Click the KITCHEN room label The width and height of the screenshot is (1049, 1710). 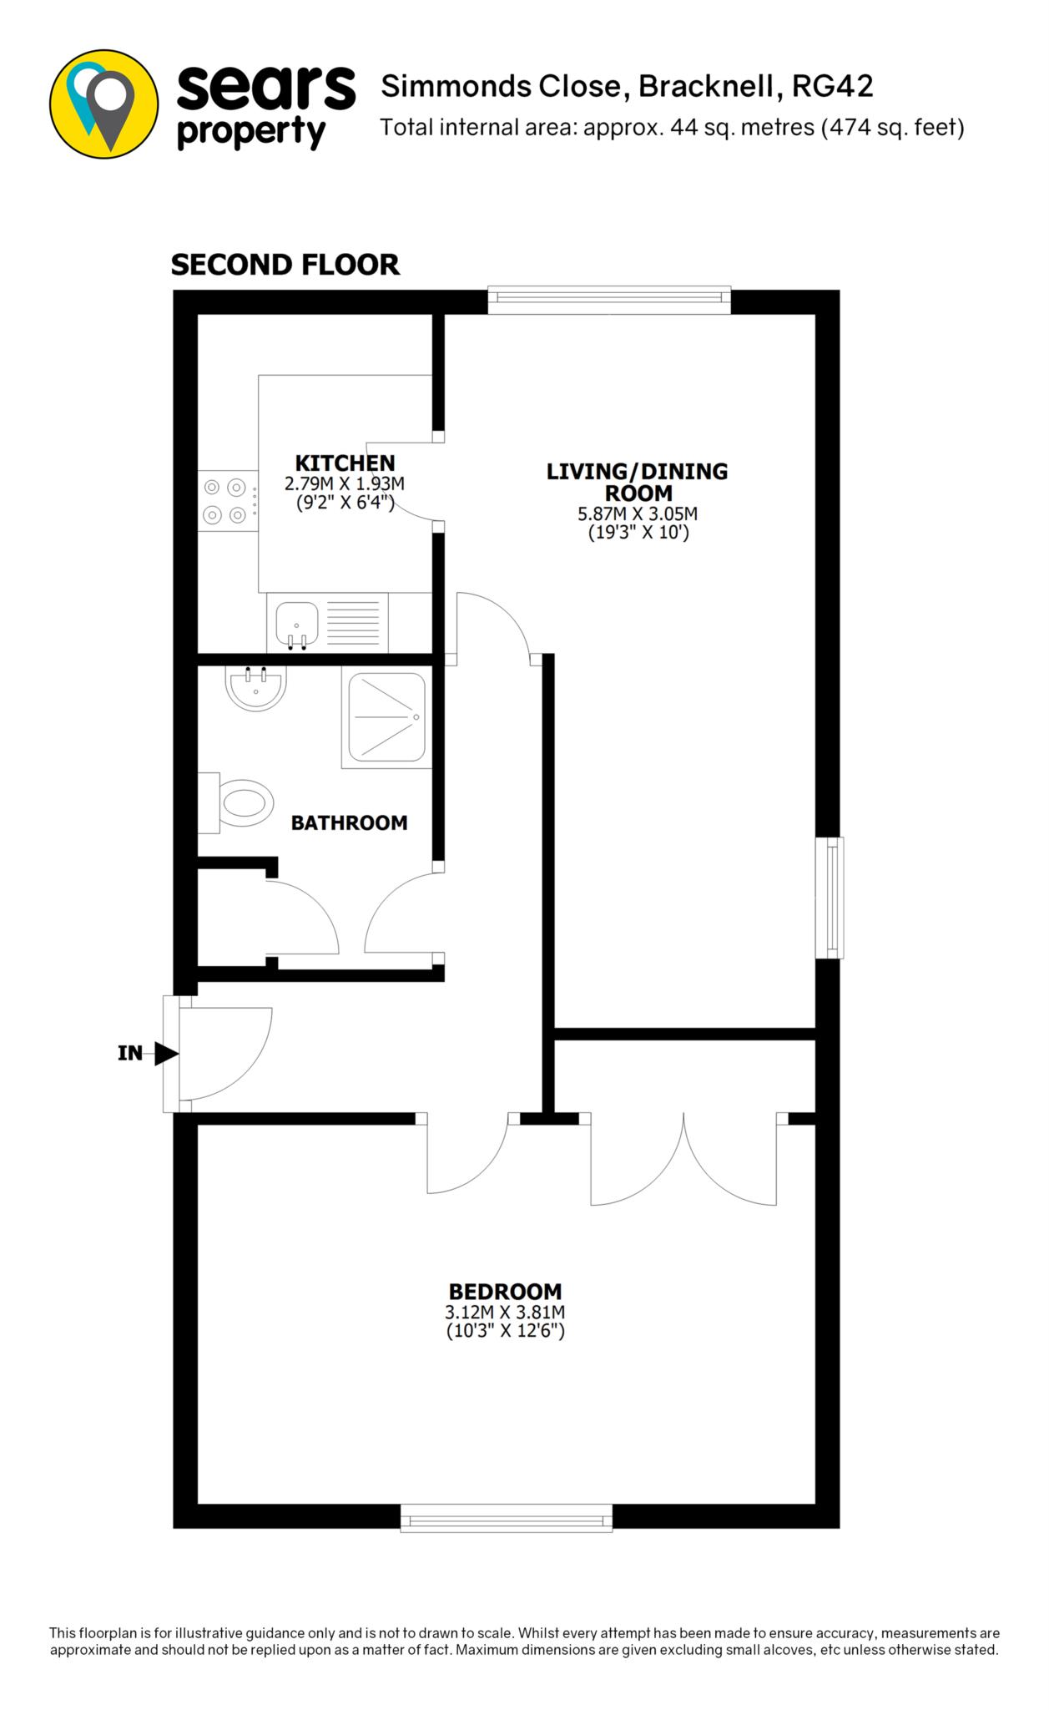click(x=345, y=463)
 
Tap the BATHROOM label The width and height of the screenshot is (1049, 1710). click(x=349, y=822)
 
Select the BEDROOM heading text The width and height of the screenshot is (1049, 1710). click(x=505, y=1292)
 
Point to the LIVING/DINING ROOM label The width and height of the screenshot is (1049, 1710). click(x=637, y=482)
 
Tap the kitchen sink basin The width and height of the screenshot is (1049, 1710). click(x=297, y=625)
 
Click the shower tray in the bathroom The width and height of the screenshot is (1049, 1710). click(x=384, y=721)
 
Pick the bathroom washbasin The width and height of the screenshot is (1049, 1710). click(x=256, y=688)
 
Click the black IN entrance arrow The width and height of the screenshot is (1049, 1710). click(x=166, y=1054)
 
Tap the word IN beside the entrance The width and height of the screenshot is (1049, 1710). click(x=130, y=1054)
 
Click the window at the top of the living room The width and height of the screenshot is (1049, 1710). click(x=609, y=301)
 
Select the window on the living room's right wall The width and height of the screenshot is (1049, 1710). click(x=830, y=898)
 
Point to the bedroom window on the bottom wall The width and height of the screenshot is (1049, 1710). click(x=507, y=1518)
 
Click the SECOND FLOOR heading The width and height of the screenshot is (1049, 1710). click(x=285, y=265)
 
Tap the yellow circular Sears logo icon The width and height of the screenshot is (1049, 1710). click(x=104, y=104)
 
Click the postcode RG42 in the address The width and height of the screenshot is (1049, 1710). click(x=833, y=87)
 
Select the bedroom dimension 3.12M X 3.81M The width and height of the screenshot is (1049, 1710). click(x=506, y=1313)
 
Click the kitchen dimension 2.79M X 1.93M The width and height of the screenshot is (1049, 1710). click(x=345, y=483)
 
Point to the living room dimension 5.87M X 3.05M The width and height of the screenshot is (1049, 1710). click(x=638, y=514)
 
